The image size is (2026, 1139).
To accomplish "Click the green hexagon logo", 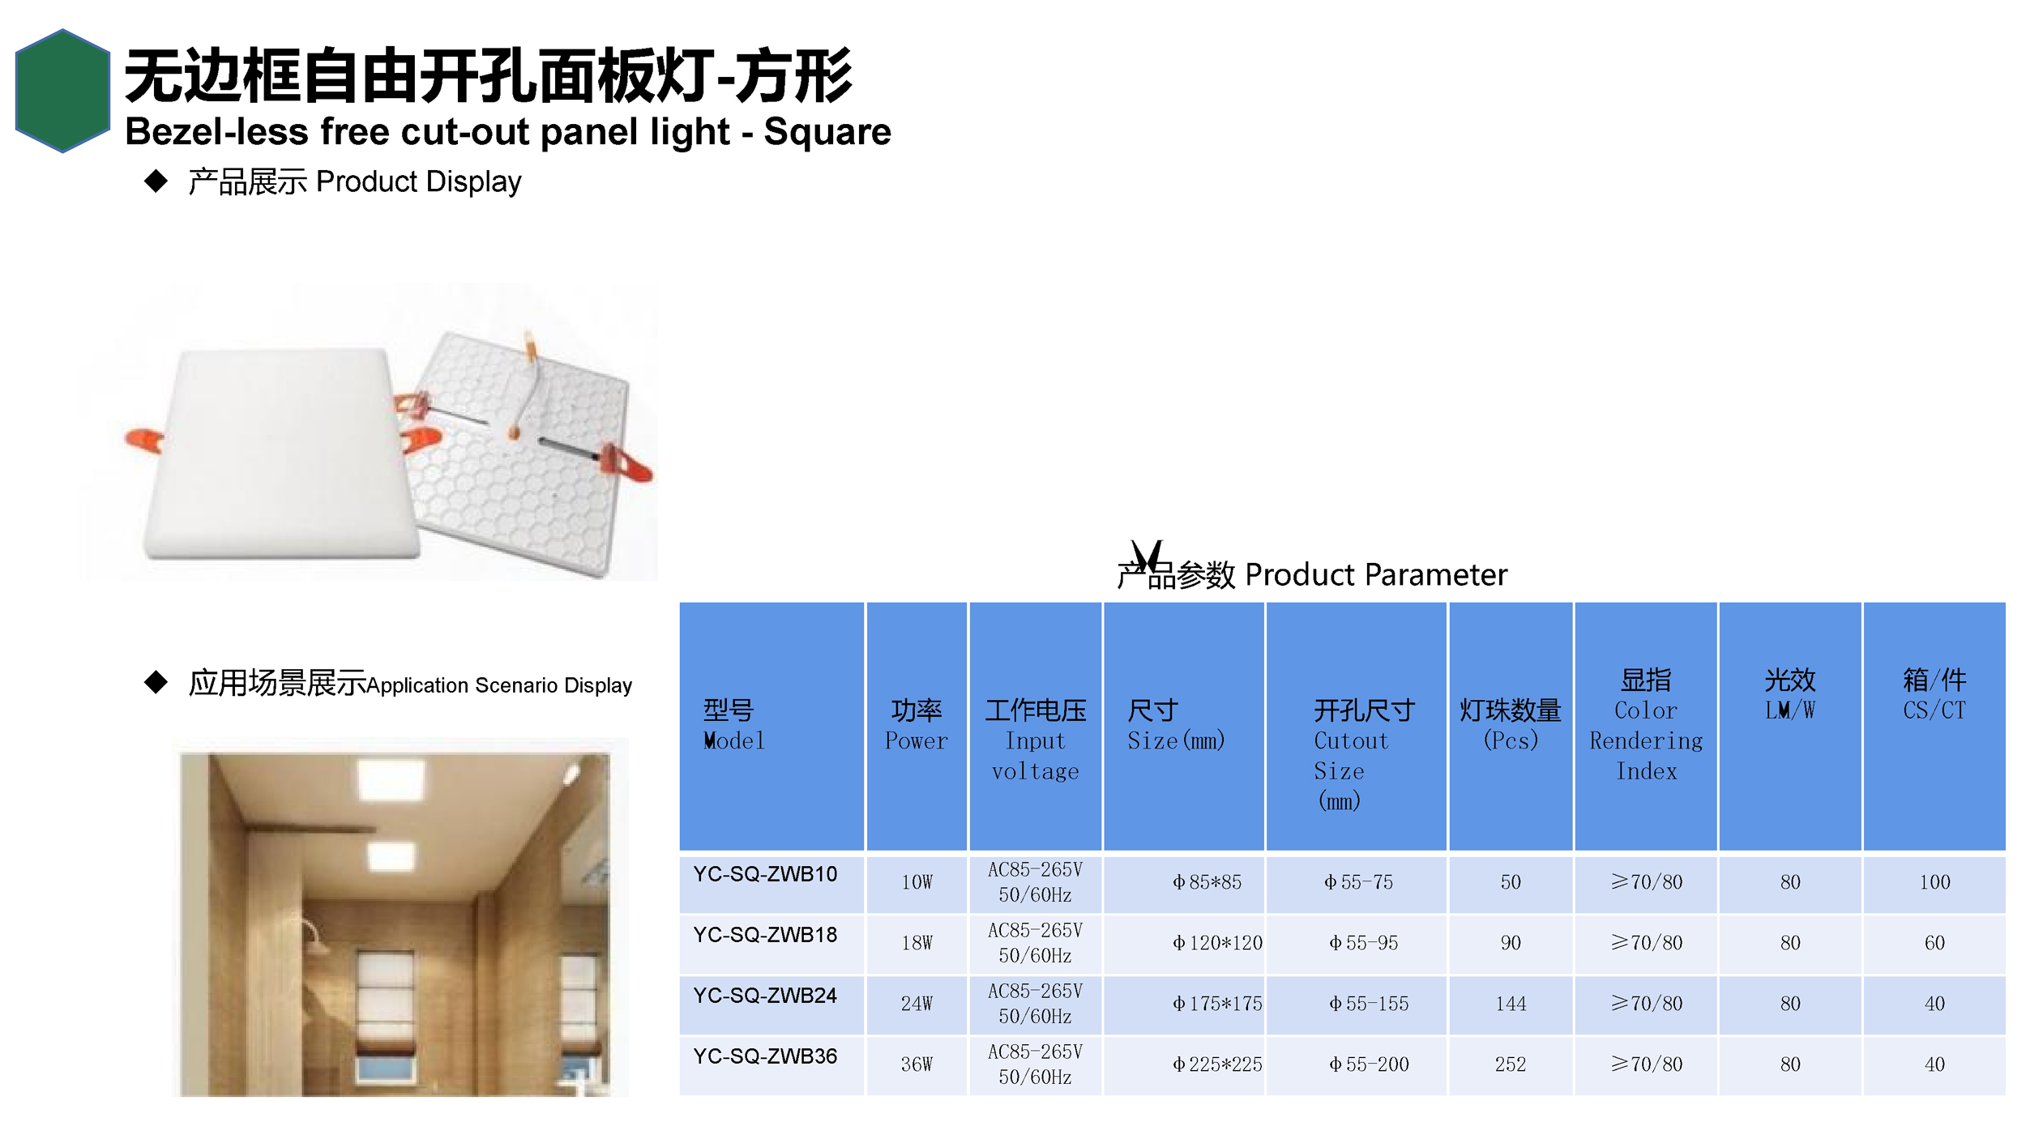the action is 62,91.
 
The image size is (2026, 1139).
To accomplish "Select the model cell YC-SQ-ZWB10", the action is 765,874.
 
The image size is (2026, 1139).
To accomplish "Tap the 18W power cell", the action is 917,943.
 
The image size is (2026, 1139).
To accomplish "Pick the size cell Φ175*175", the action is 1217,1004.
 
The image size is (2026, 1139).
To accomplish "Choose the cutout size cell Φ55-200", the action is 1369,1064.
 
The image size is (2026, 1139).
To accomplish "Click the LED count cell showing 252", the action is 1511,1064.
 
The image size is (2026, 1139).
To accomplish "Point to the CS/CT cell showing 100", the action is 1934,882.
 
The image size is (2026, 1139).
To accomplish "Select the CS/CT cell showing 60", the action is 1934,943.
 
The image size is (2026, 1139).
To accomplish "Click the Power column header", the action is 917,725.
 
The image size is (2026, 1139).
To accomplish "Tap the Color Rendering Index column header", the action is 1646,725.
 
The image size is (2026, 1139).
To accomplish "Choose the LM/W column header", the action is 1789,694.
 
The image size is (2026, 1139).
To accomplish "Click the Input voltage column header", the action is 1035,740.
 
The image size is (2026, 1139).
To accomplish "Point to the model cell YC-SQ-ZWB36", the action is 765,1056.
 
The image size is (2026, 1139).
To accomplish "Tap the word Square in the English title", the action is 827,132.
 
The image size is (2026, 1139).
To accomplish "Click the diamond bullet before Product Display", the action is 156,181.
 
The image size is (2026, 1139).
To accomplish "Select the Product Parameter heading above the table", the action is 1312,574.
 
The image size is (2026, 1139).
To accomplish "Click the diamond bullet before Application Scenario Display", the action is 156,682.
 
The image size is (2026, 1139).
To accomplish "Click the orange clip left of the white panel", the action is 144,441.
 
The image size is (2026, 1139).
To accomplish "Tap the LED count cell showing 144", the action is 1511,1004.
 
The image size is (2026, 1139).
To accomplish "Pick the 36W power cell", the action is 917,1064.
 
